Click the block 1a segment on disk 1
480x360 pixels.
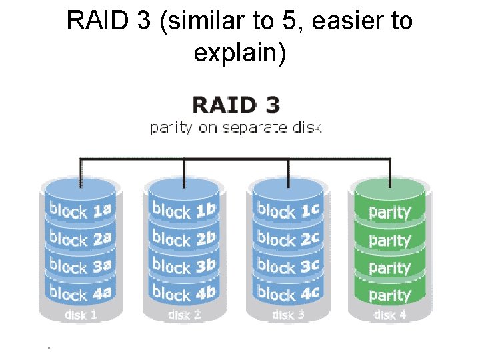coord(80,211)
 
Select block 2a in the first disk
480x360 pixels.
coord(80,239)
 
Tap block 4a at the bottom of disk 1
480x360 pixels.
coord(80,293)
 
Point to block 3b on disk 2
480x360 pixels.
coord(184,265)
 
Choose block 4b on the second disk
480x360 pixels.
coord(184,292)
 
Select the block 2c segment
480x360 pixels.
coord(289,238)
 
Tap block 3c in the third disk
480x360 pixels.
coord(289,265)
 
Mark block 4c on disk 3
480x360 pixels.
coord(289,293)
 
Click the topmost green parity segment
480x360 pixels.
coord(389,213)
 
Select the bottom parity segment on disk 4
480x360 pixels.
coord(389,295)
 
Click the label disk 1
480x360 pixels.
coord(80,315)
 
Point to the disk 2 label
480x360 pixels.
coord(184,315)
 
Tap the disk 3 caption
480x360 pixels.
coord(289,315)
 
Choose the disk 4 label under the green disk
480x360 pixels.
coord(390,315)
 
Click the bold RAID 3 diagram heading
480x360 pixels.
coord(236,105)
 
